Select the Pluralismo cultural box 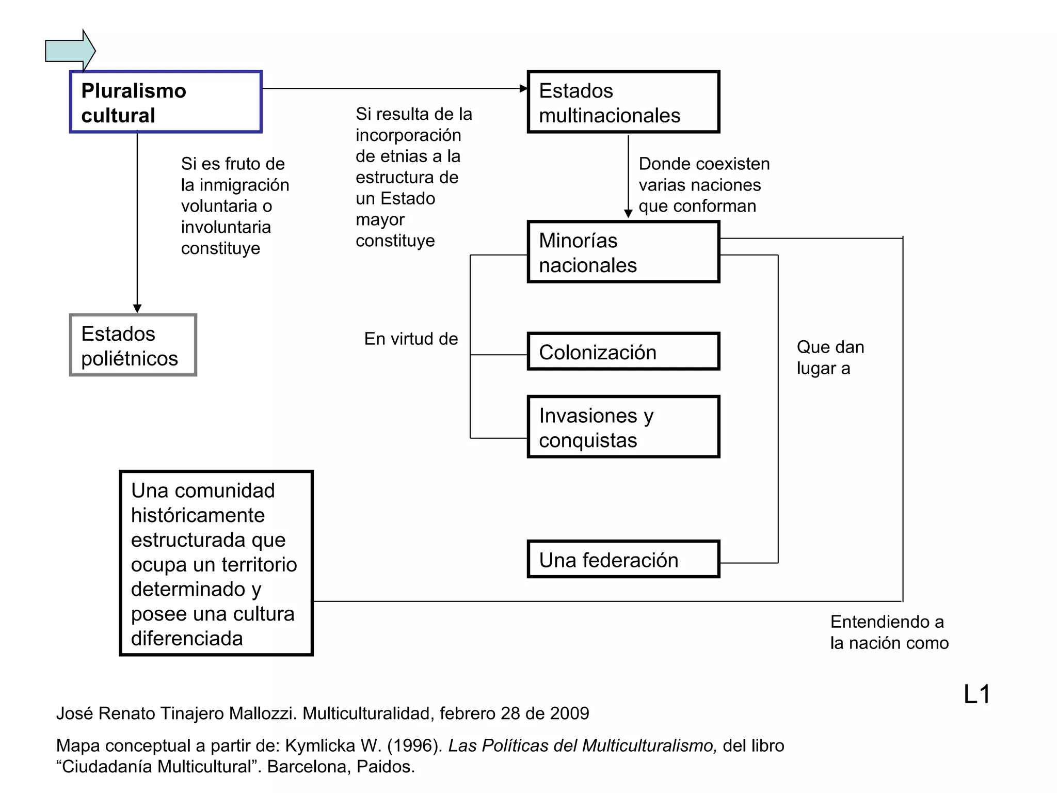point(166,102)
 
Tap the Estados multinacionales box point(623,102)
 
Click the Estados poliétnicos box point(133,345)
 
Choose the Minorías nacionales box point(623,252)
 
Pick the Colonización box point(623,352)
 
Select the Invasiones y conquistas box point(623,427)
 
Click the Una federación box point(623,560)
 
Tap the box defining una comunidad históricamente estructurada point(216,563)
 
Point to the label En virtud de point(411,339)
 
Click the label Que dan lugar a point(830,357)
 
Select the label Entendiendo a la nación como point(889,632)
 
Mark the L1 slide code point(976,694)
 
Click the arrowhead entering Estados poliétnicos point(137,309)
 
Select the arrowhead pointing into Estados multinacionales point(523,89)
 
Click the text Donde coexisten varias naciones point(703,175)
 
